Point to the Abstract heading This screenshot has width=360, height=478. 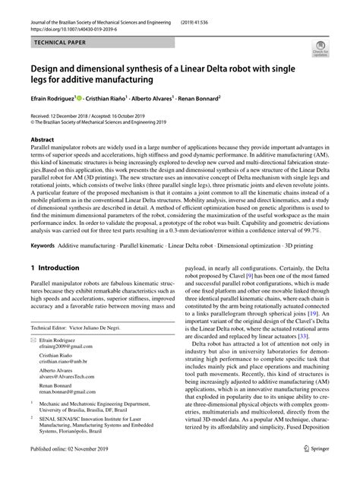click(x=43, y=141)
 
